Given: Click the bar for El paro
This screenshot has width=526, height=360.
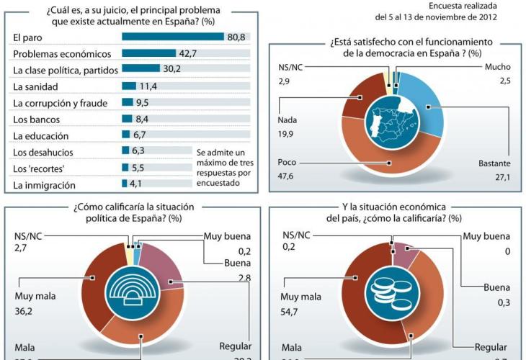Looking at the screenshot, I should tap(174, 37).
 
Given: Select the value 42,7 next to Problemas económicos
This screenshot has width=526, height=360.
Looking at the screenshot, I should tap(189, 53).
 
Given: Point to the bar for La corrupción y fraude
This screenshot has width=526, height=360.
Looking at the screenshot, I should tap(128, 103).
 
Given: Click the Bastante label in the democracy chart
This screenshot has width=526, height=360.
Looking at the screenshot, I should tap(495, 163).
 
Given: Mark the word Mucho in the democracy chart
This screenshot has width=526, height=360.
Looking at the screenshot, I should tap(497, 67).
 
